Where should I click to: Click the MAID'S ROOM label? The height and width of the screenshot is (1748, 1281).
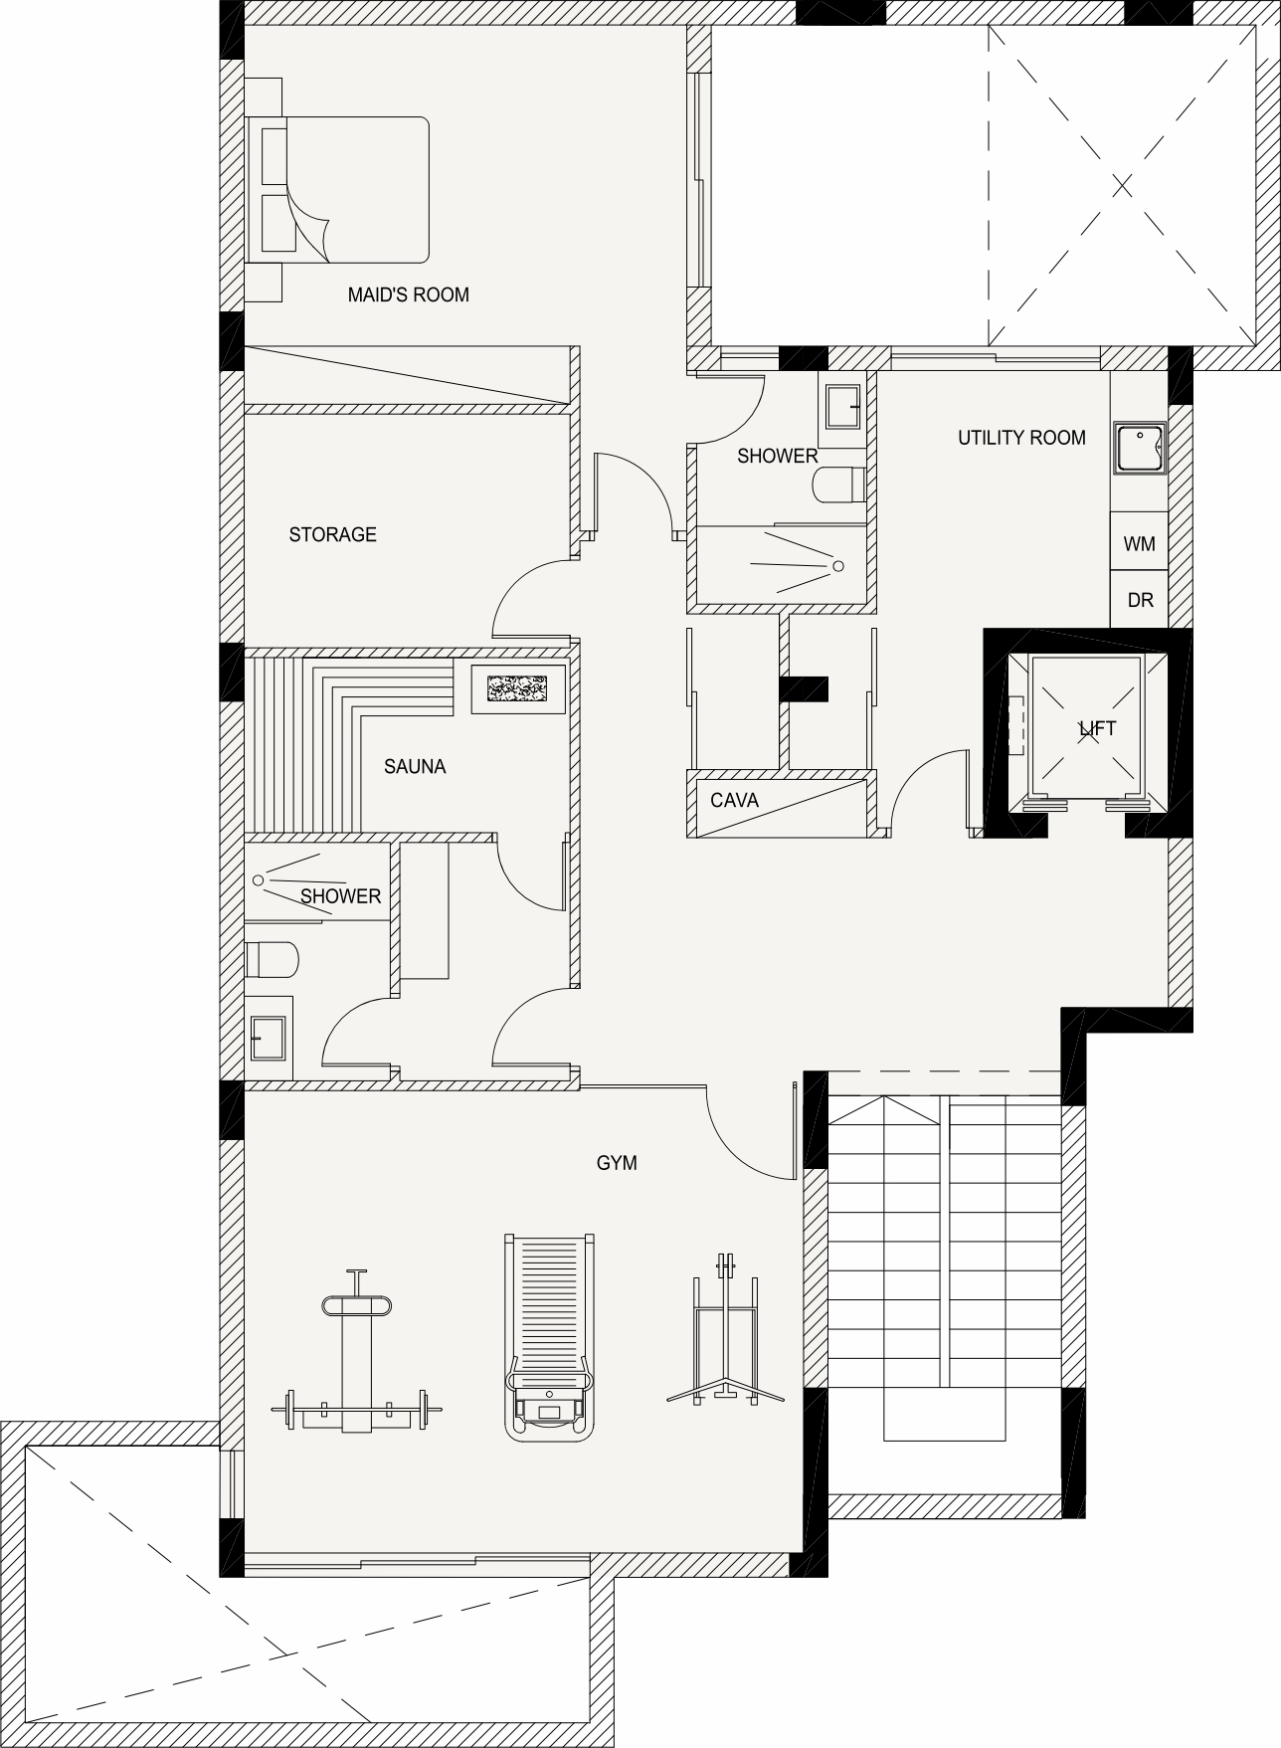point(408,294)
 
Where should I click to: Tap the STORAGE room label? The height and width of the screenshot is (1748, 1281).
point(332,534)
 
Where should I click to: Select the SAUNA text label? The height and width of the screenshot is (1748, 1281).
point(415,766)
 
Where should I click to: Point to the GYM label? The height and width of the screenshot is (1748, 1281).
point(617,1162)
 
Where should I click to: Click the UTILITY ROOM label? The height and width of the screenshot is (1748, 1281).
point(1021,437)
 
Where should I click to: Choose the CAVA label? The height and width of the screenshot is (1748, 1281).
point(734,800)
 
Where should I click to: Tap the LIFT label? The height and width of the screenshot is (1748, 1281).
point(1098,728)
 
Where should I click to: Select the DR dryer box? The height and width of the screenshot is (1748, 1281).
point(1139,599)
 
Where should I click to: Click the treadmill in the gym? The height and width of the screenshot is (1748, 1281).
point(551,1337)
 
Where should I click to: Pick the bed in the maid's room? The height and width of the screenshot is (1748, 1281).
point(338,190)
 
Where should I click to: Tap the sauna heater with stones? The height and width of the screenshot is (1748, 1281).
point(516,686)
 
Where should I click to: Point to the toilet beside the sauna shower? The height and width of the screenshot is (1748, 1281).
point(272,960)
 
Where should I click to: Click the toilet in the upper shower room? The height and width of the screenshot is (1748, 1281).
point(840,486)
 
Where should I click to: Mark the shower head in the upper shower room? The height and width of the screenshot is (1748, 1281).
point(838,566)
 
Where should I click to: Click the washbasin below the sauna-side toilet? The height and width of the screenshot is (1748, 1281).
point(270,1037)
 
